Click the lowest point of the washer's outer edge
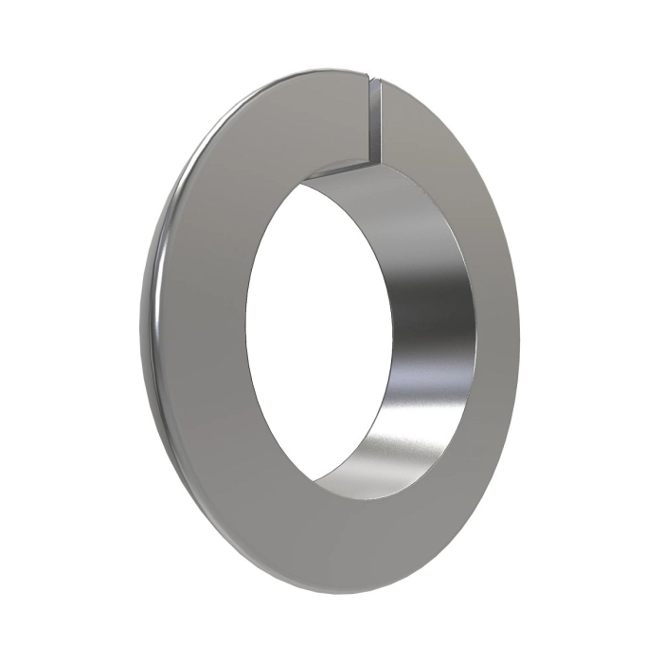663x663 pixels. (x=350, y=595)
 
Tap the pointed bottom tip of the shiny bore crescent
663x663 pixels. (x=317, y=493)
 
